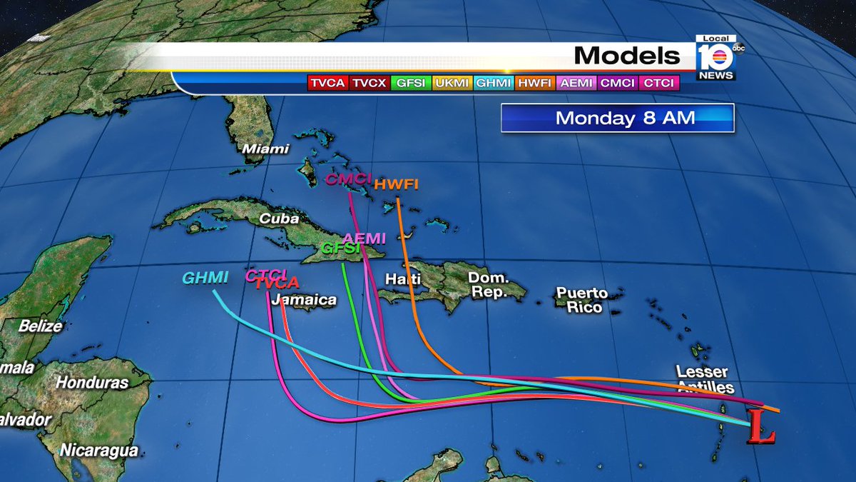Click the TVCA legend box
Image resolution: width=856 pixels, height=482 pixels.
(x=327, y=83)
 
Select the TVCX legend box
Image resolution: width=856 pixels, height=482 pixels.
(x=369, y=83)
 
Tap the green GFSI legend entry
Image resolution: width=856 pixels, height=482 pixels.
(x=411, y=83)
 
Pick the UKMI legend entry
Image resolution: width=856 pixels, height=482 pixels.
(x=452, y=83)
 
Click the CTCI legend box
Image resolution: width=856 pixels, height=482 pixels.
(x=660, y=83)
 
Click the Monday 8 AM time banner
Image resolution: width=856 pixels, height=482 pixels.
(x=617, y=118)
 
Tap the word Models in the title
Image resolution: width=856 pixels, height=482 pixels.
(x=627, y=55)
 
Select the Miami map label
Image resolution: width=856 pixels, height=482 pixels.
(x=265, y=149)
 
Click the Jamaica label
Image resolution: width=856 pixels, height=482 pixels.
(x=304, y=300)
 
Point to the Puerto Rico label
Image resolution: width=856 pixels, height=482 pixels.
(x=582, y=300)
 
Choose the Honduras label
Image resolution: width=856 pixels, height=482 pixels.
(x=92, y=382)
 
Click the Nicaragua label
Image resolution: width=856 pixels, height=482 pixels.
(x=98, y=450)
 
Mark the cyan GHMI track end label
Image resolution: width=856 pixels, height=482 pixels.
(x=205, y=278)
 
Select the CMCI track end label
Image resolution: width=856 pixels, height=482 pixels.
(x=348, y=179)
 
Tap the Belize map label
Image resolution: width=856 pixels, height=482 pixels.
(x=41, y=326)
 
